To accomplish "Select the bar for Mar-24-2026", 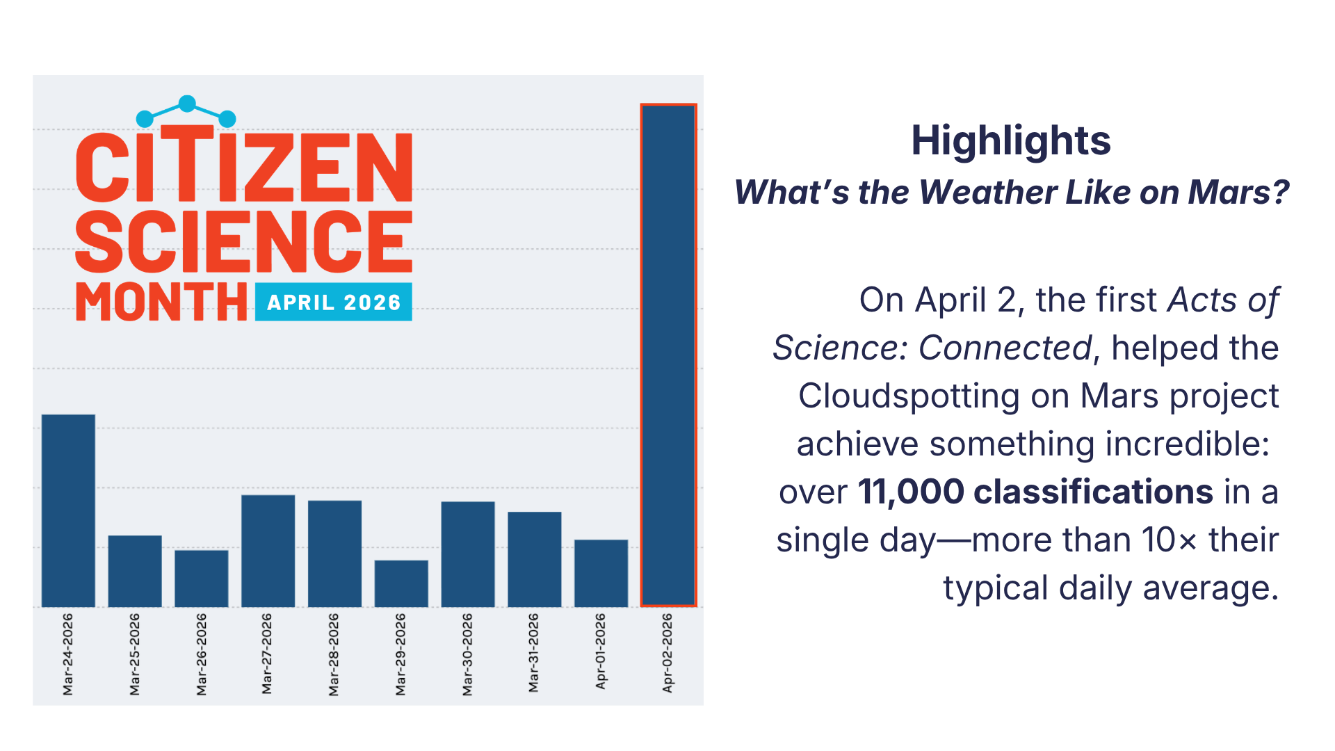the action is [x=68, y=510].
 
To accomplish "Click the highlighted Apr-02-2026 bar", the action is [x=668, y=355].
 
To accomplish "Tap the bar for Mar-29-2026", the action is [x=401, y=583].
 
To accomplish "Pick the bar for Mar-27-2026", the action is [x=268, y=551].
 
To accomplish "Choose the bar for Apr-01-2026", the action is [x=601, y=573].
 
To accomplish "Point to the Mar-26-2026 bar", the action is [x=202, y=579].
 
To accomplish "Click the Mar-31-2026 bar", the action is [x=535, y=559].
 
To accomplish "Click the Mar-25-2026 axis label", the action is [x=135, y=654].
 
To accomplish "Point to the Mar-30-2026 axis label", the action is [x=468, y=654].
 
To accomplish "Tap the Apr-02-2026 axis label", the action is [x=667, y=652].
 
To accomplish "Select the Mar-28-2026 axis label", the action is [x=334, y=654].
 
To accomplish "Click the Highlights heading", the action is [x=1011, y=141].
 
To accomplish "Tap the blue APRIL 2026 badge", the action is [x=334, y=302].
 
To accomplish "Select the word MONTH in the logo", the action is [x=161, y=302].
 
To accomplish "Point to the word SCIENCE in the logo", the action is [x=244, y=241].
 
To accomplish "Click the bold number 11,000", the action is [x=911, y=492].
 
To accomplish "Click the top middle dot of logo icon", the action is [x=187, y=104].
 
